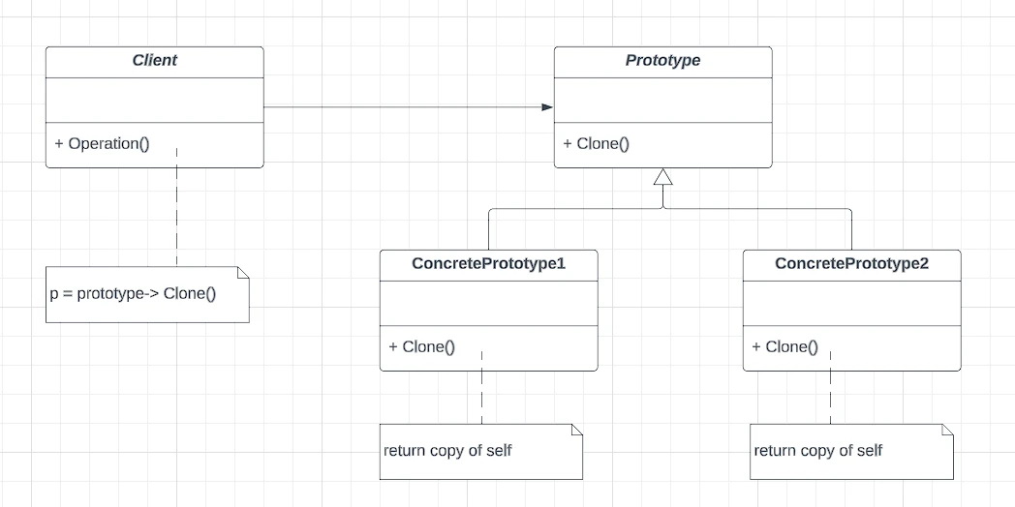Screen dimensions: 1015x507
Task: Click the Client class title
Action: point(155,61)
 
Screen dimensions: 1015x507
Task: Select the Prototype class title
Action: point(662,61)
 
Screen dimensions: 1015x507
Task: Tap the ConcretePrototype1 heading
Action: point(489,264)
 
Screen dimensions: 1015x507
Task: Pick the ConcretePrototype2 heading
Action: point(852,264)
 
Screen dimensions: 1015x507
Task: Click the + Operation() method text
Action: point(103,143)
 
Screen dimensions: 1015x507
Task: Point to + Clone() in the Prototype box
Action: point(597,143)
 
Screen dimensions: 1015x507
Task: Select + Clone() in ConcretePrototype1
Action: point(422,346)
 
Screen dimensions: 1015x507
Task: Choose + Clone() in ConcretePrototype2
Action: point(785,346)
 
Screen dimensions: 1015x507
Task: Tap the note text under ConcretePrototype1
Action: point(447,450)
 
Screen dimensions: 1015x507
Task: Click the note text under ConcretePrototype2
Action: point(818,450)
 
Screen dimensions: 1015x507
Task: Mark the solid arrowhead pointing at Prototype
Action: point(547,107)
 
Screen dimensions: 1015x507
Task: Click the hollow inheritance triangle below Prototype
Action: point(662,176)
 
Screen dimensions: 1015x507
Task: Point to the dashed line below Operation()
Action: point(176,207)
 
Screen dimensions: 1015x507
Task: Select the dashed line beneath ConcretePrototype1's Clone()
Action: point(481,388)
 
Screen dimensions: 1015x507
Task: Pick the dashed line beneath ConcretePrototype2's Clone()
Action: point(830,388)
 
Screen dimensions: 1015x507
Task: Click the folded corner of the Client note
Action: point(243,272)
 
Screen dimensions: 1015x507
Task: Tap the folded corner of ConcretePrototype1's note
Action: point(577,430)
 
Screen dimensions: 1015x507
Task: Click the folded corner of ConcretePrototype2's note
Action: point(947,430)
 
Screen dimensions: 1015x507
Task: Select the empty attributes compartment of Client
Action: point(155,101)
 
